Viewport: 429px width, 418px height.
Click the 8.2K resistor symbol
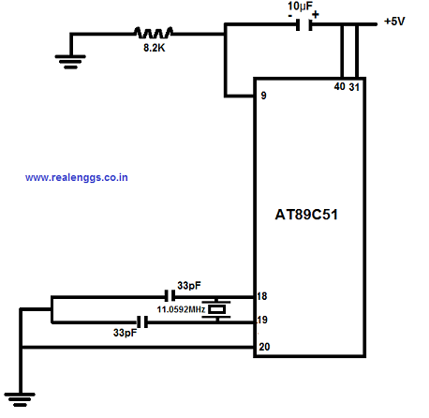coord(154,33)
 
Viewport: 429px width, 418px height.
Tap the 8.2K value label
coord(155,48)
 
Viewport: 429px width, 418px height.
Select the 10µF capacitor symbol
coord(303,25)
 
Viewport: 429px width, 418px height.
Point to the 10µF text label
coord(300,6)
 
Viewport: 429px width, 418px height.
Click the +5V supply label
coord(394,22)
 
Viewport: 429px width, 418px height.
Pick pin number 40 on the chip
coord(339,86)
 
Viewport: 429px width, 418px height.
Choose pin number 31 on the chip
coord(354,87)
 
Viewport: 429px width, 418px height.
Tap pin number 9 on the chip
coord(264,96)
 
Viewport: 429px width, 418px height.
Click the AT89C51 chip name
coord(306,215)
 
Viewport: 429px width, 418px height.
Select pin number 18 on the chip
coord(262,296)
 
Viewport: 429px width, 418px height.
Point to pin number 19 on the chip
coord(262,320)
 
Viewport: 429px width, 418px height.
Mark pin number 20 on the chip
coord(264,347)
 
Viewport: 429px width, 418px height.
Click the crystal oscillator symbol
coord(216,309)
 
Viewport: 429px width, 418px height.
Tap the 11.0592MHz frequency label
coord(181,309)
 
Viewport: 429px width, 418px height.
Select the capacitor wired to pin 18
coord(170,295)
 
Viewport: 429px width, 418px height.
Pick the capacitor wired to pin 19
coord(142,322)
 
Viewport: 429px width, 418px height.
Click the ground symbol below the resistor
coord(70,62)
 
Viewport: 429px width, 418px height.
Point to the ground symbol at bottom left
coord(20,399)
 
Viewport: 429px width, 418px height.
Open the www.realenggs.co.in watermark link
coord(77,177)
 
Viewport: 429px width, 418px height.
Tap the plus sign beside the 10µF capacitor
coord(316,14)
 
